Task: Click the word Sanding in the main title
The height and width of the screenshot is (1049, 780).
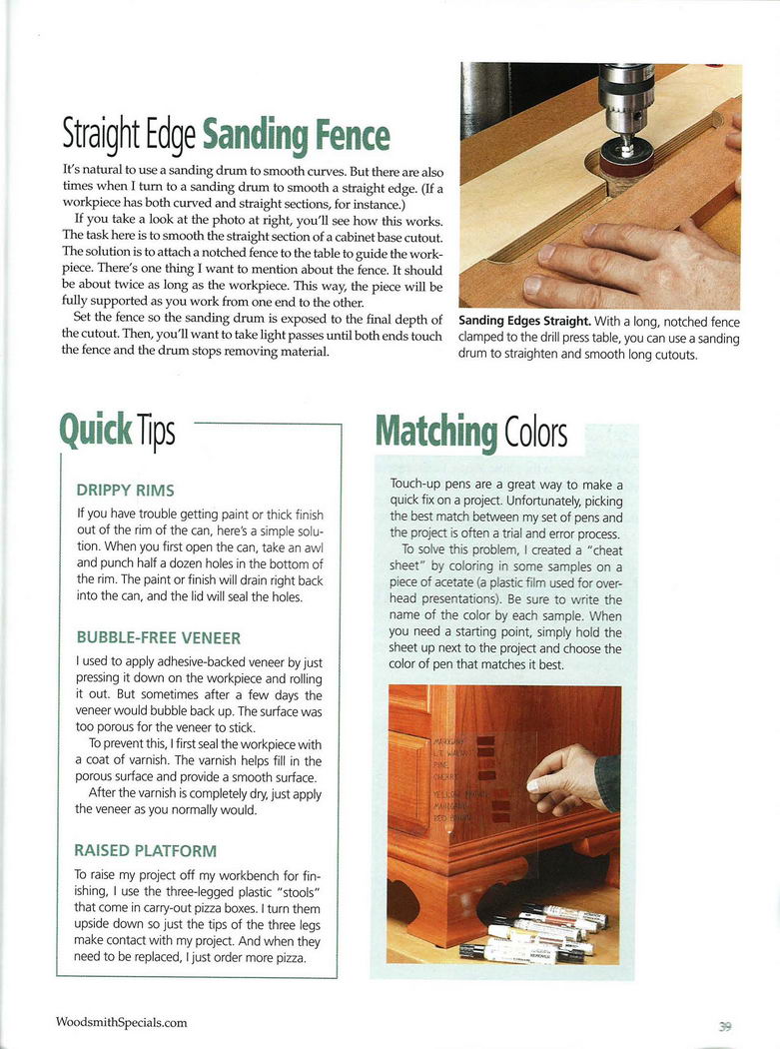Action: pyautogui.click(x=255, y=135)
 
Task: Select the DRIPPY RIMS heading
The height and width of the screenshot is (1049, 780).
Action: pyautogui.click(x=125, y=491)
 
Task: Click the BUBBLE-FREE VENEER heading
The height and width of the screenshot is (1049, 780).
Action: pyautogui.click(x=158, y=636)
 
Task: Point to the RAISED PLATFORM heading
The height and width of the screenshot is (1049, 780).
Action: pyautogui.click(x=145, y=851)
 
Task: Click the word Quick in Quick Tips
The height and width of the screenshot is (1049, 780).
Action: pyautogui.click(x=96, y=430)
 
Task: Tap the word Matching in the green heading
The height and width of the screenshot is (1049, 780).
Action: pyautogui.click(x=436, y=431)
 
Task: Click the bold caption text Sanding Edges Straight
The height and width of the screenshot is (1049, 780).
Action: pyautogui.click(x=523, y=322)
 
